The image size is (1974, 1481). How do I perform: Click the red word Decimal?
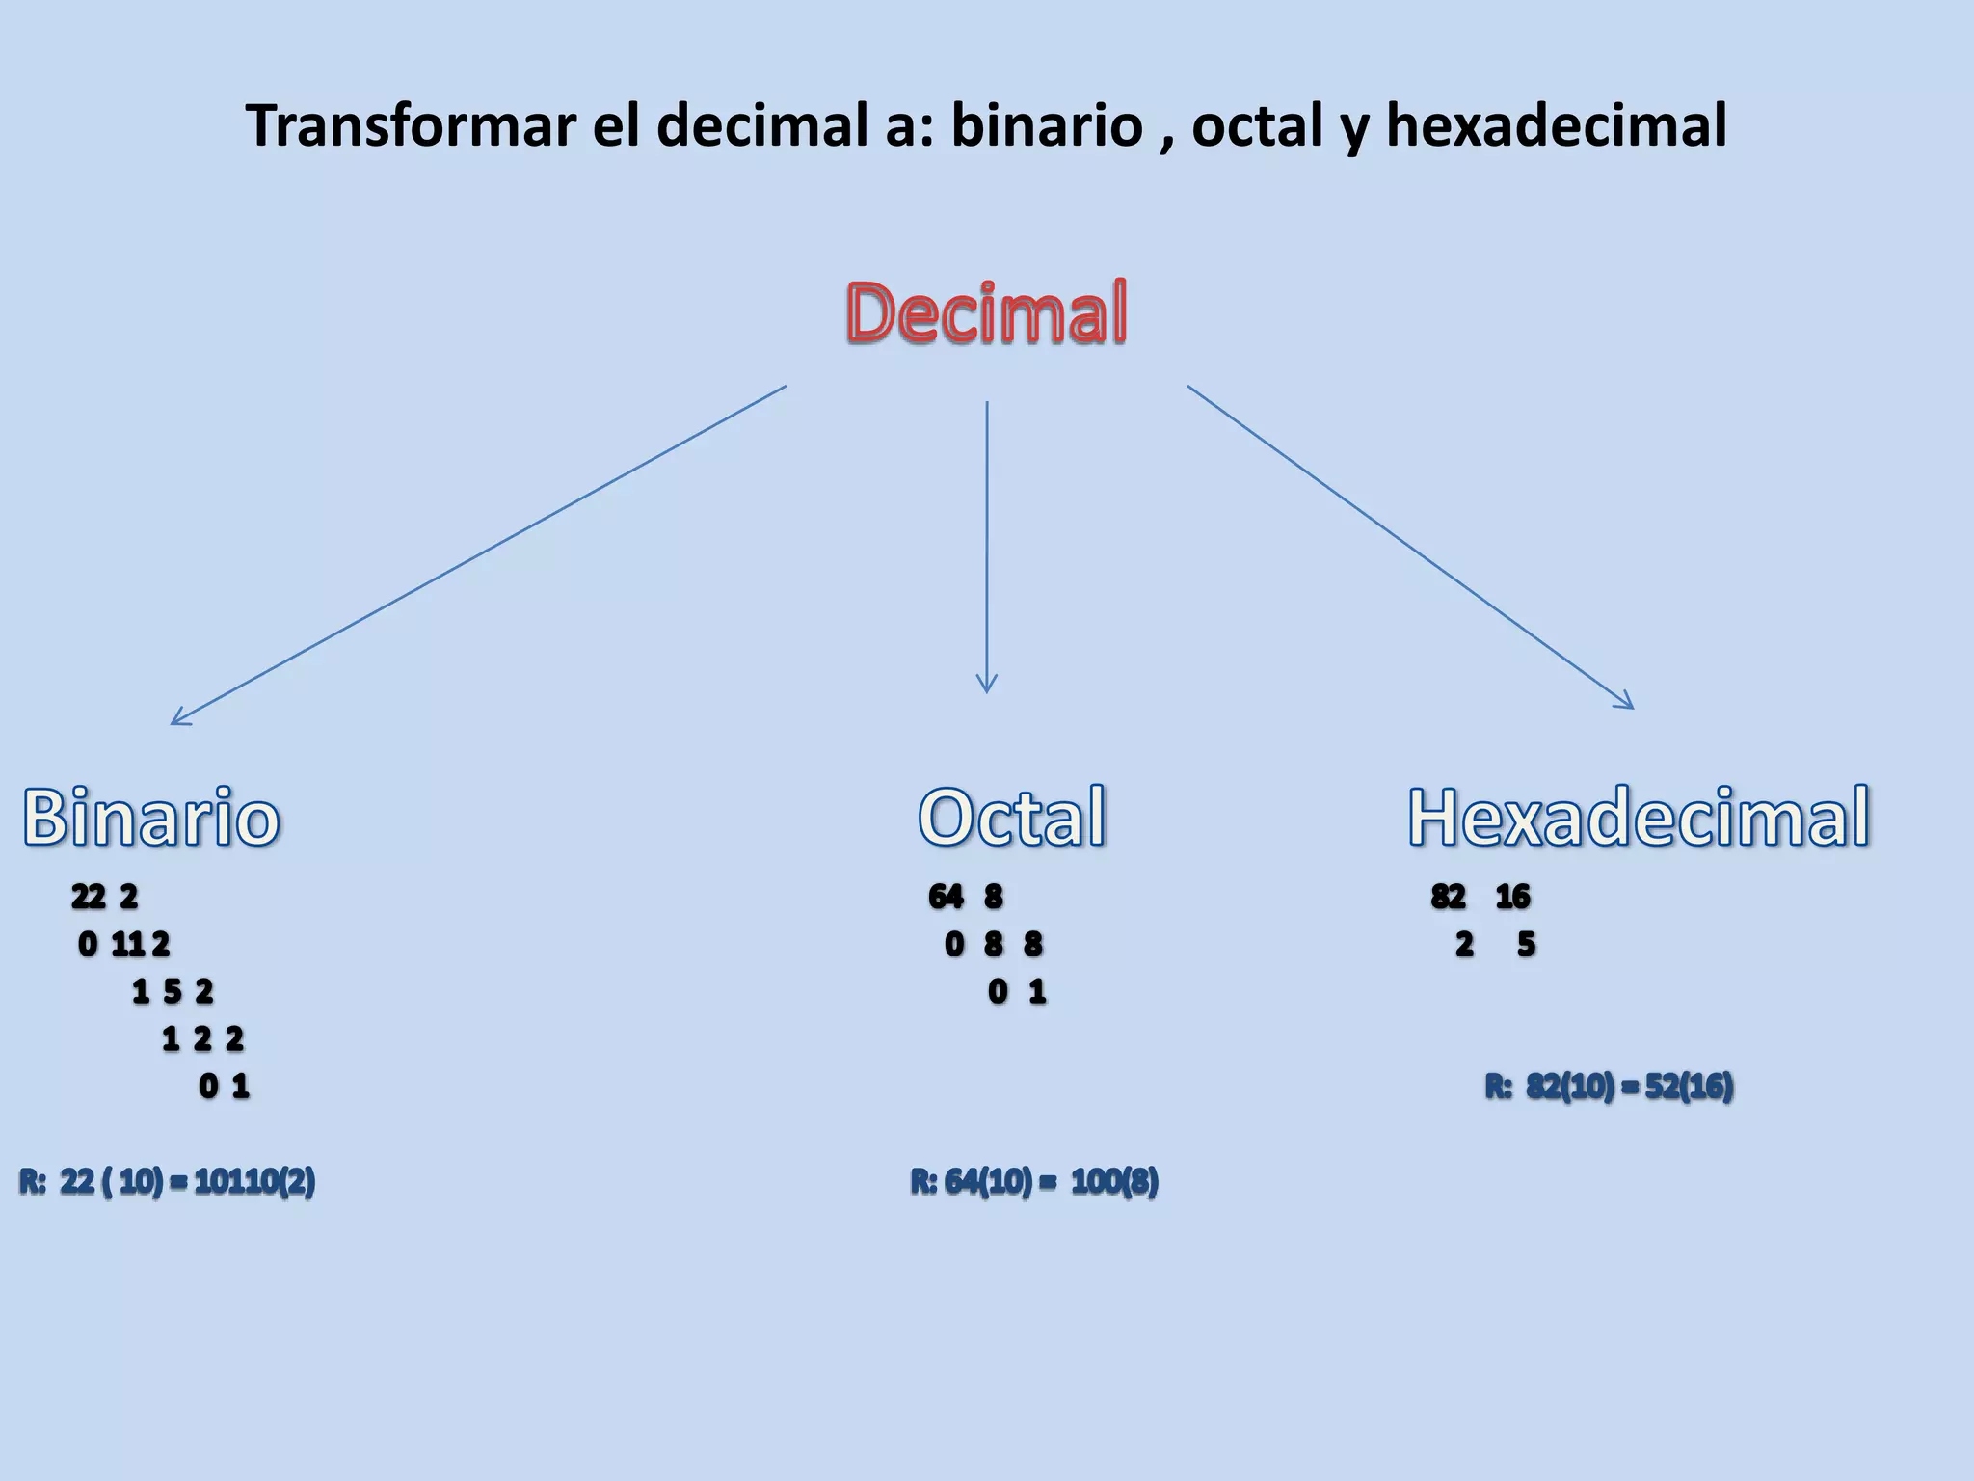[x=986, y=312]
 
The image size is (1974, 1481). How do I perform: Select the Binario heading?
[x=151, y=818]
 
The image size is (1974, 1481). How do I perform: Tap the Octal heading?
[x=1011, y=818]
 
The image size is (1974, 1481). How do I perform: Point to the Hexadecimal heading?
[x=1639, y=818]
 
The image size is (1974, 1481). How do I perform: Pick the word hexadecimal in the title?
[x=1556, y=125]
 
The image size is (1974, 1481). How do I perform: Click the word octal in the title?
[x=1257, y=125]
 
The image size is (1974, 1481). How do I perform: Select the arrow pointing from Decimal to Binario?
[x=478, y=555]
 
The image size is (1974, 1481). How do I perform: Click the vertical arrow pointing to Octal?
[x=986, y=546]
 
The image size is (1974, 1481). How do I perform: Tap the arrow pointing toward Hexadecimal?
[x=1410, y=547]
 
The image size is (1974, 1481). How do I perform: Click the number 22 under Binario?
[x=88, y=897]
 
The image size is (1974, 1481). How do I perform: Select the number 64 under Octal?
[x=946, y=897]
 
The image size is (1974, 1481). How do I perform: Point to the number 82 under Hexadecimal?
[x=1448, y=897]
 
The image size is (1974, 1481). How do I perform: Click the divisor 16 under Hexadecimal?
[x=1512, y=897]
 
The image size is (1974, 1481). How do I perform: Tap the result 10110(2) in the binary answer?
[x=254, y=1181]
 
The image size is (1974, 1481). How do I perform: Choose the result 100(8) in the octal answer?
[x=1114, y=1181]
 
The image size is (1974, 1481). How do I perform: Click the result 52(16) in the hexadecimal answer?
[x=1689, y=1087]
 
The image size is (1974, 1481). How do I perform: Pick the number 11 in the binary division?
[x=127, y=944]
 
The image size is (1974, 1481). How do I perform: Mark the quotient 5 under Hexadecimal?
[x=1526, y=944]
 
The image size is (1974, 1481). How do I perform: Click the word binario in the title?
[x=1047, y=125]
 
